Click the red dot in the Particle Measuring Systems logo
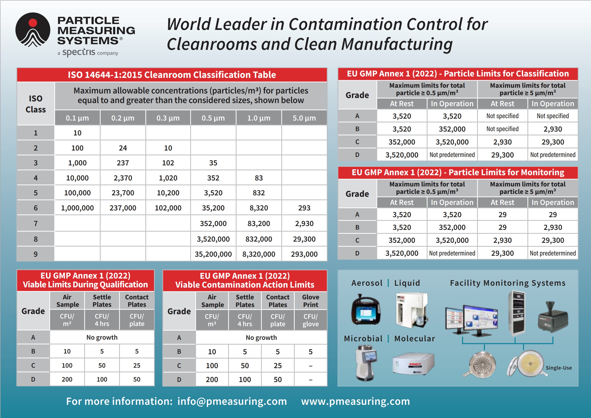click(33, 23)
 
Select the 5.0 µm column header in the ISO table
click(304, 118)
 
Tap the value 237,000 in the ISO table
click(123, 208)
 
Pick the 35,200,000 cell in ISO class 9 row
click(213, 254)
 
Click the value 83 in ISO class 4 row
click(259, 178)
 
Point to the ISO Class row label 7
click(35, 223)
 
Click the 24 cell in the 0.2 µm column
click(123, 148)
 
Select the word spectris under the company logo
click(79, 52)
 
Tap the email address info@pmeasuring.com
click(232, 401)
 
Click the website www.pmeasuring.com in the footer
click(356, 401)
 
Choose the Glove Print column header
click(310, 301)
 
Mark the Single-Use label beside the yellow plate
click(559, 368)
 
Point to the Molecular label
click(414, 338)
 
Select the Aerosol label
click(367, 283)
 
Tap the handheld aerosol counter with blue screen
click(365, 310)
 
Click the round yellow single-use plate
click(530, 363)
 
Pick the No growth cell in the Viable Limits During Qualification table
click(102, 337)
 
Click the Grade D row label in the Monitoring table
click(357, 253)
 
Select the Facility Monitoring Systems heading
click(508, 283)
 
